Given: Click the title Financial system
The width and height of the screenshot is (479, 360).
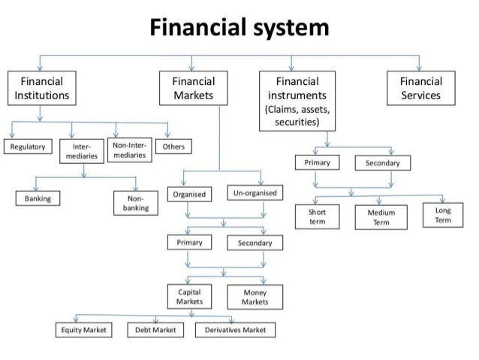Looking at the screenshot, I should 239,29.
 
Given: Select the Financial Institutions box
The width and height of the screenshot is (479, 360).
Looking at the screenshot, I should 42,89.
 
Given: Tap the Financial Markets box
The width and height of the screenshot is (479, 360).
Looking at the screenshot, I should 193,89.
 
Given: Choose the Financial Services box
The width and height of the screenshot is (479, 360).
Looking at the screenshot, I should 420,89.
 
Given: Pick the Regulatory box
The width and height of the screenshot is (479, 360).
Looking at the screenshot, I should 27,146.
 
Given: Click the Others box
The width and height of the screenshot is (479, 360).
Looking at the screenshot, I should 173,146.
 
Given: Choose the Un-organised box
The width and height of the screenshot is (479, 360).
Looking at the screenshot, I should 255,194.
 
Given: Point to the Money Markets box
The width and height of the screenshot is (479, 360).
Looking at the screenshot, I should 255,296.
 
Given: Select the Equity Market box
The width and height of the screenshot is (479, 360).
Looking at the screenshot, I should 83,330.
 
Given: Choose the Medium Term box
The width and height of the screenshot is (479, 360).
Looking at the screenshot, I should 381,217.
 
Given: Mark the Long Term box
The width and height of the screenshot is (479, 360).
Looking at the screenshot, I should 443,214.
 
